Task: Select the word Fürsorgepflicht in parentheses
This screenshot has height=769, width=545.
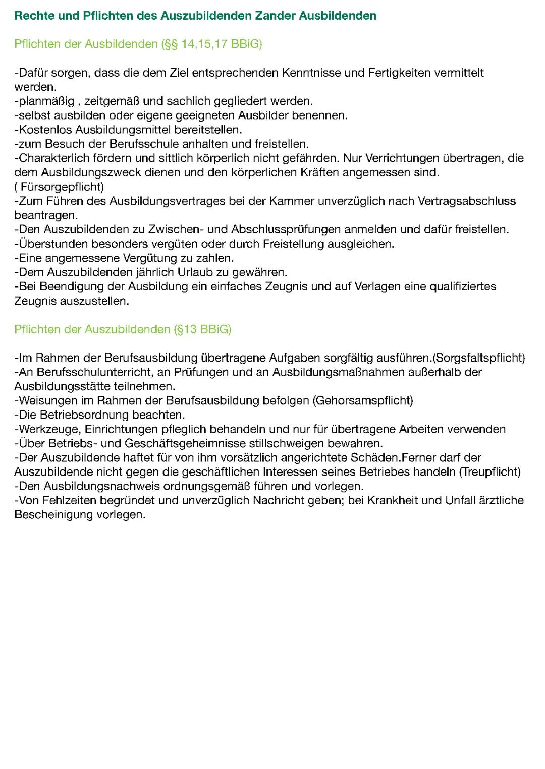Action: (x=61, y=187)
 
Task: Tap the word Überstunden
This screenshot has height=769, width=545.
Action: (x=50, y=244)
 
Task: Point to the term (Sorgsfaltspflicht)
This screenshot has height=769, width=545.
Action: (x=479, y=358)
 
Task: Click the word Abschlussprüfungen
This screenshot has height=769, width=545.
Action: (x=286, y=230)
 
